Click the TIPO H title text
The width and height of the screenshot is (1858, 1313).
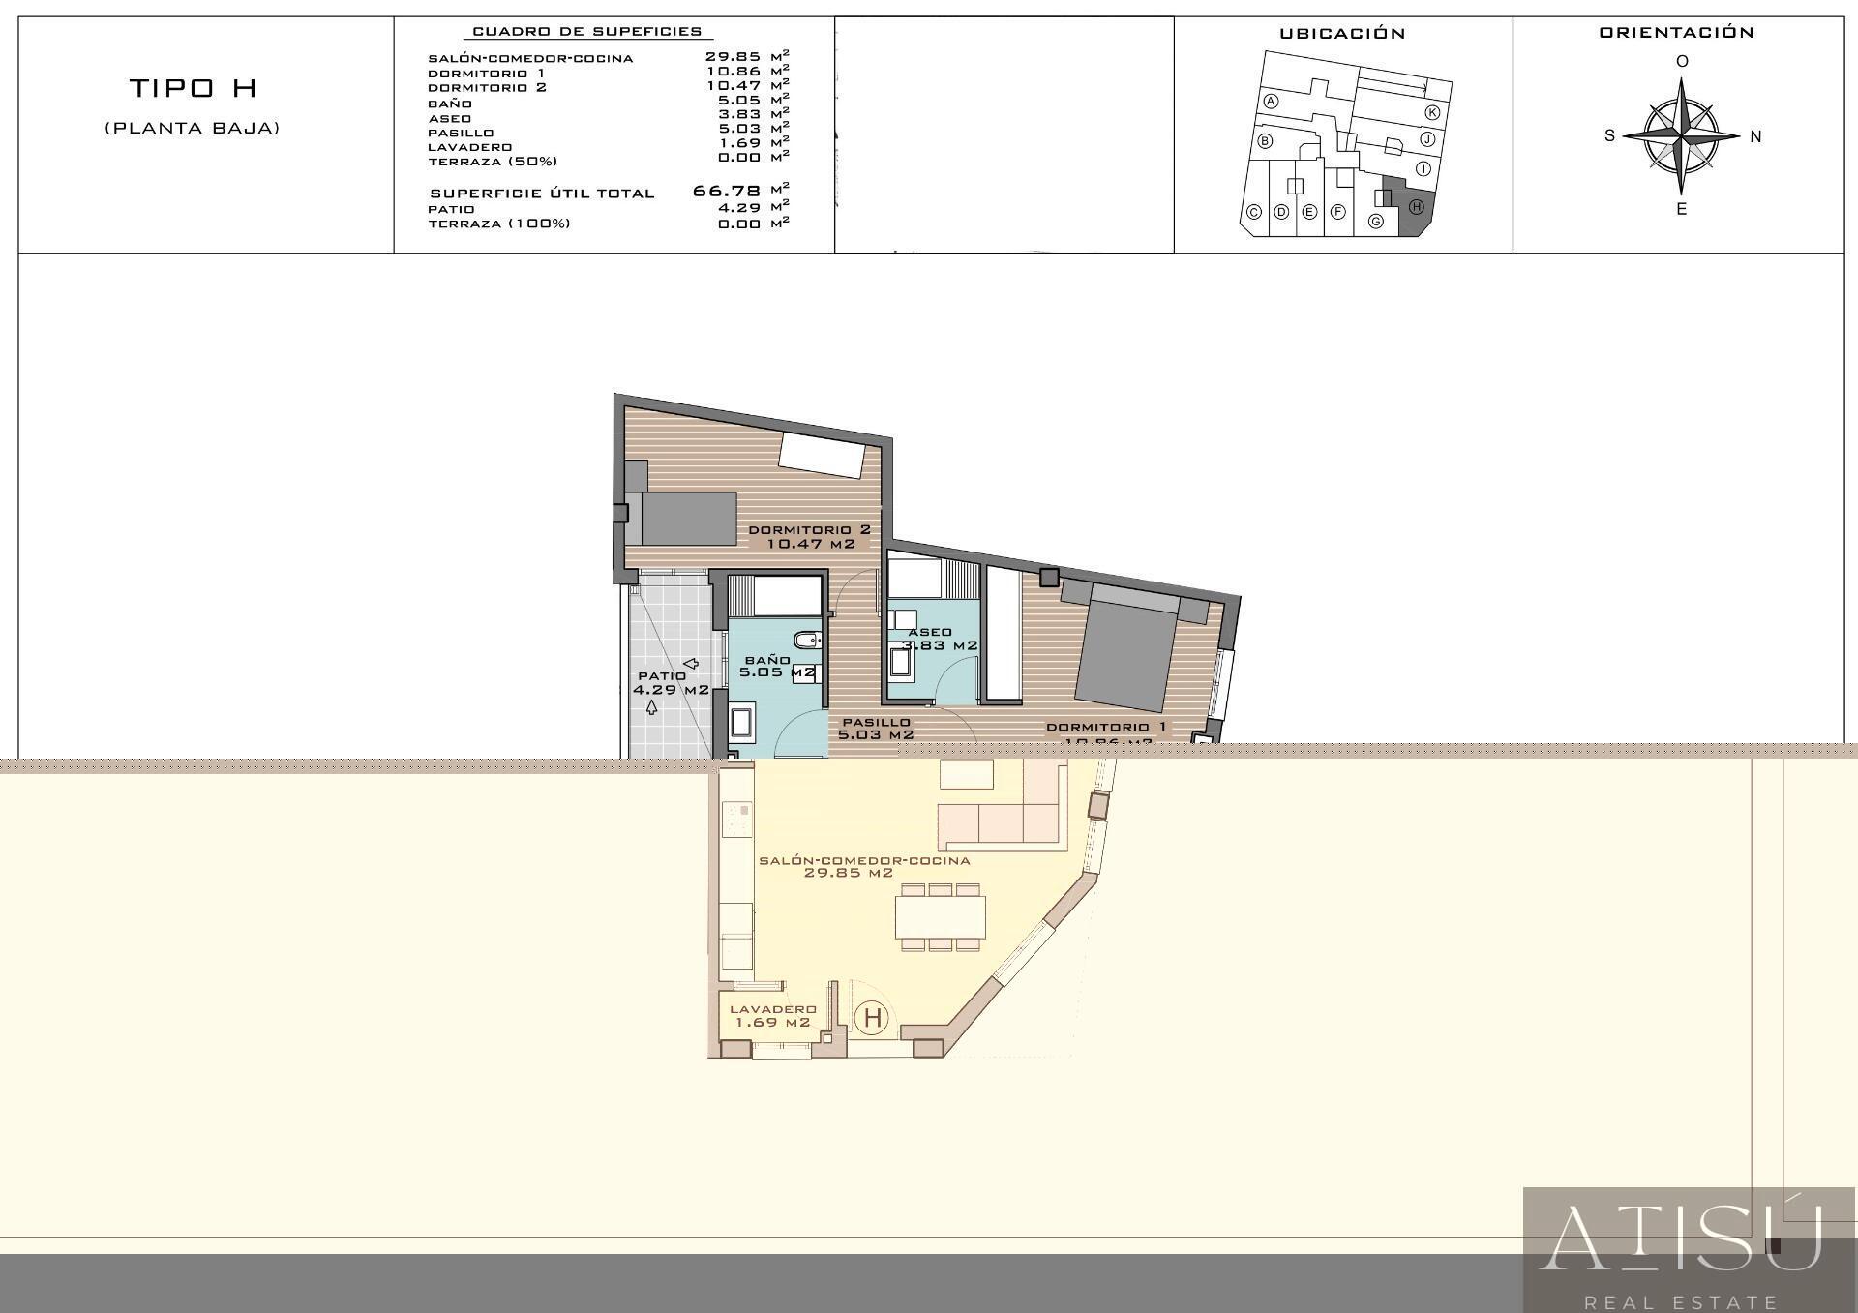pos(193,88)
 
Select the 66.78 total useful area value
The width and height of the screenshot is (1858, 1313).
pos(727,191)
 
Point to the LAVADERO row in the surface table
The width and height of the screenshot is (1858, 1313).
pos(469,147)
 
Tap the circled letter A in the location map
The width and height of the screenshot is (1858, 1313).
pos(1272,102)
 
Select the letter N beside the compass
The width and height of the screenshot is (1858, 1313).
pos(1755,136)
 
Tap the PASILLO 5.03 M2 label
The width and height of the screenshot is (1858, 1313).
pos(876,729)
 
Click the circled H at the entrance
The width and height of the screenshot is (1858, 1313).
pos(873,1018)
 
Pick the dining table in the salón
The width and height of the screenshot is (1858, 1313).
pos(940,916)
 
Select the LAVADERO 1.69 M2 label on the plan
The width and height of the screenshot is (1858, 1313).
pos(772,1015)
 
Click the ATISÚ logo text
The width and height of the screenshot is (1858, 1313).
pos(1681,1238)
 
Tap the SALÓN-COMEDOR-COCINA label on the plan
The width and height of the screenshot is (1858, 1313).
pos(863,866)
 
